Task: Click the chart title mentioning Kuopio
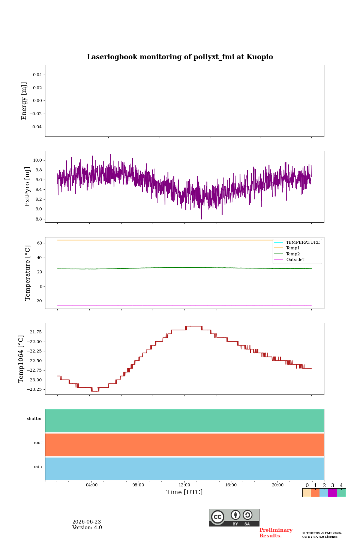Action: (x=180, y=57)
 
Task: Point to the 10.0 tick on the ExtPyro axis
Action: (x=38, y=160)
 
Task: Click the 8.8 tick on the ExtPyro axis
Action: (x=39, y=219)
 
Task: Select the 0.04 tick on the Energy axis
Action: (x=37, y=75)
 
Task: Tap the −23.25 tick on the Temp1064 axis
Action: (x=34, y=389)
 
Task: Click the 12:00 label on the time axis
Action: (x=184, y=485)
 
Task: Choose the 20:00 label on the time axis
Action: (x=277, y=485)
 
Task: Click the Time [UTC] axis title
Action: (x=184, y=492)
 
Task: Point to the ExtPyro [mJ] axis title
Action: (x=27, y=187)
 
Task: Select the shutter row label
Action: (x=34, y=418)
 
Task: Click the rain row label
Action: (x=38, y=466)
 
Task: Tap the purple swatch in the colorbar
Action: (x=332, y=492)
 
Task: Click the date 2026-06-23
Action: (x=87, y=522)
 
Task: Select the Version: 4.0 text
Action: (x=87, y=527)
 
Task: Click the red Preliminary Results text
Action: (x=276, y=532)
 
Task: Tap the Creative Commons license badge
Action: (x=234, y=517)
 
